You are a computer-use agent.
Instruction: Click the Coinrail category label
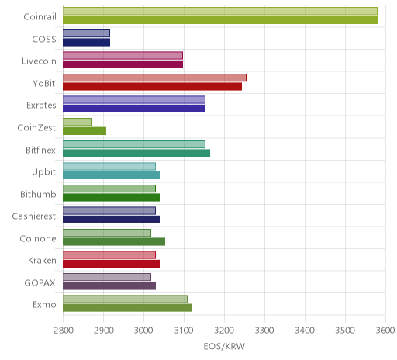pos(40,16)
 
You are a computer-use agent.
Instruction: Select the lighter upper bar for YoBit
pos(154,78)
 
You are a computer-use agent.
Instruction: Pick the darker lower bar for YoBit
pos(152,87)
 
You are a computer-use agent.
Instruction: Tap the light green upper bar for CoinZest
pos(78,122)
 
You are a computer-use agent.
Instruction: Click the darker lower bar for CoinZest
pos(85,131)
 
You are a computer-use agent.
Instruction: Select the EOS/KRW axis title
pos(224,346)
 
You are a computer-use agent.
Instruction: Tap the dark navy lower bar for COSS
pos(86,42)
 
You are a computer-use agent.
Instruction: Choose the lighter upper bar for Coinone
pos(107,233)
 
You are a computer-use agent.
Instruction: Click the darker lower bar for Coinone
pos(114,242)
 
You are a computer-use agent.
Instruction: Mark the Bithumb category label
pos(38,194)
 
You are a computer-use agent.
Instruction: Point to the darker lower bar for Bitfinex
pos(136,154)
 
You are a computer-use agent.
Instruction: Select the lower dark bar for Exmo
pos(127,308)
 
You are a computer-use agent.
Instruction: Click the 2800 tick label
pos(63,331)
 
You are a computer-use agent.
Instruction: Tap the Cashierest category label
pos(34,216)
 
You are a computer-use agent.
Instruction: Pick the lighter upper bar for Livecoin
pos(123,55)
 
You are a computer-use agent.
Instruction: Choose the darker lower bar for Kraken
pos(111,264)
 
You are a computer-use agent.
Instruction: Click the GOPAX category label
pos(40,282)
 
